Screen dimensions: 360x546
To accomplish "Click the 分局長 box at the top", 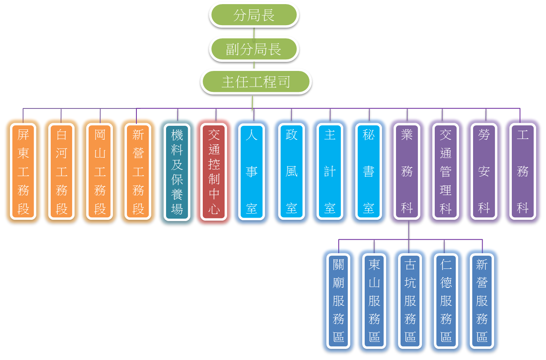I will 253,16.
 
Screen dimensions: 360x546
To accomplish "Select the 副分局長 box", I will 253,49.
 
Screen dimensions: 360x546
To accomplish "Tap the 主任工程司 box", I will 255,81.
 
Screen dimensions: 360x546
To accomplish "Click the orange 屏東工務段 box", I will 23,171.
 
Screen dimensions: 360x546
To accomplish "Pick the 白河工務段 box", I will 61,171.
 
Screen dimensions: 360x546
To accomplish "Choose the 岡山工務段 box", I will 100,171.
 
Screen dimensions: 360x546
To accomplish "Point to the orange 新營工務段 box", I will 138,171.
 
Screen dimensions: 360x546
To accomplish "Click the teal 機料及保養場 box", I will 177,171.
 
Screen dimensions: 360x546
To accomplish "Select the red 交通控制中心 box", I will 214,171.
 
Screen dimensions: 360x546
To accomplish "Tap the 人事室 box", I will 252,171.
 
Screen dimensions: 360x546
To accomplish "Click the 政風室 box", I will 291,171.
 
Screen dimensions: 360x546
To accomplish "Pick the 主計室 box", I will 330,171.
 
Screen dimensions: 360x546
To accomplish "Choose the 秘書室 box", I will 368,171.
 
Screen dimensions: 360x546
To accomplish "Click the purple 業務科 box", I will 407,171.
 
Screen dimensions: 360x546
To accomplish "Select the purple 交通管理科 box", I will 445,171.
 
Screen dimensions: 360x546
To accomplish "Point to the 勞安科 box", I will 484,171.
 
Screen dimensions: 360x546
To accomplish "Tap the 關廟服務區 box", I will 338,301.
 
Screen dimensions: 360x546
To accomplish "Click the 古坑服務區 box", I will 410,301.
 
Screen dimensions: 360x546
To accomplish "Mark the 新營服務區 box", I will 482,301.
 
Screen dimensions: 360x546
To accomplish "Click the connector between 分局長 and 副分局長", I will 254,32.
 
